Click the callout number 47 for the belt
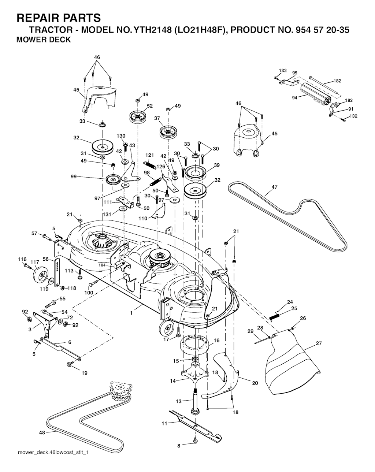[x=274, y=187]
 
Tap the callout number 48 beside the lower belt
[x=42, y=432]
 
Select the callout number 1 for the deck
[x=131, y=313]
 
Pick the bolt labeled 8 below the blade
[x=195, y=444]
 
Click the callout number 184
[x=102, y=265]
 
